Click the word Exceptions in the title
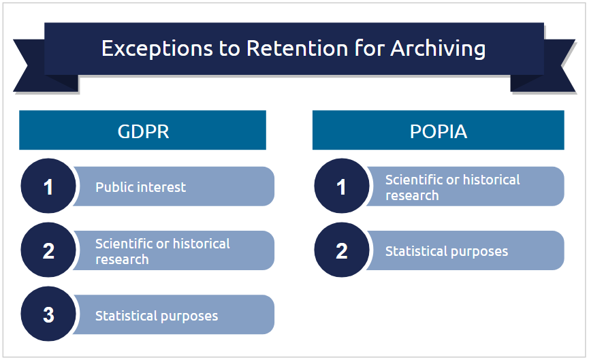coord(157,49)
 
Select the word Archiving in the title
coord(438,49)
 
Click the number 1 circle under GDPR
coord(48,186)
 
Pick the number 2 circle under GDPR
coord(48,250)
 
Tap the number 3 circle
coord(48,314)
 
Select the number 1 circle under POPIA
coord(342,186)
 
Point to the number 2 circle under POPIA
coord(342,250)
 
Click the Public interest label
coord(140,187)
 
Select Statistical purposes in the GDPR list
coord(157,316)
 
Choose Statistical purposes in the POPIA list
coord(447,252)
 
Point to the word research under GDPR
coord(122,259)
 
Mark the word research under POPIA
coord(412,195)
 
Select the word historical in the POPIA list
coord(492,180)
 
